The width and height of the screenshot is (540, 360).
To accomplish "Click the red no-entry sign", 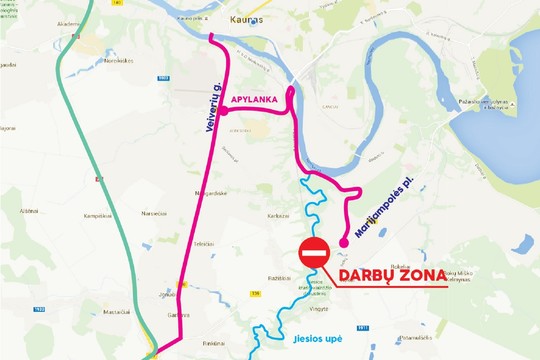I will coord(314,253).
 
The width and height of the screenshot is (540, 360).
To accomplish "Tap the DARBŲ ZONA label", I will coord(388,276).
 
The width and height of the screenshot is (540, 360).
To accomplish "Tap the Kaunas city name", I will coord(245,19).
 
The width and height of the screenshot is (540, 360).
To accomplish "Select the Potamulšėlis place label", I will coord(413,339).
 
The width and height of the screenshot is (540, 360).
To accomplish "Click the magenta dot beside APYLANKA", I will coord(224,112).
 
